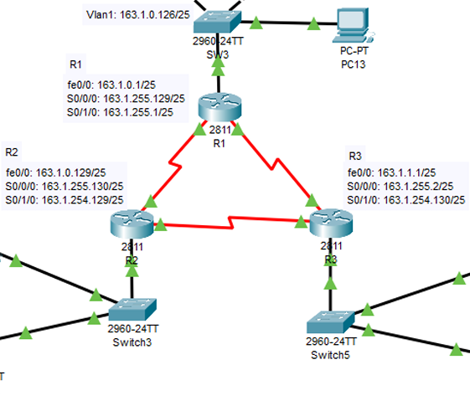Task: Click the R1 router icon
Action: click(219, 108)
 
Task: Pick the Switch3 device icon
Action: click(132, 309)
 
